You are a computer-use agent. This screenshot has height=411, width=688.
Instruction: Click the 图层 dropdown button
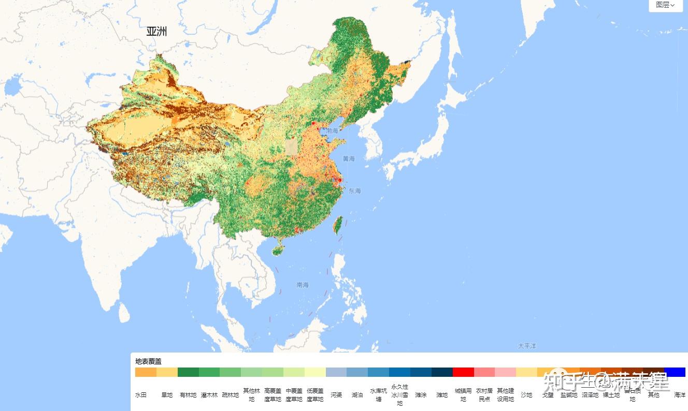(x=665, y=5)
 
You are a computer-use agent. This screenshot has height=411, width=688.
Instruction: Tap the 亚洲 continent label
(x=156, y=32)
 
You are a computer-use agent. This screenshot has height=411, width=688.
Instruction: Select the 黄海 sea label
(x=349, y=158)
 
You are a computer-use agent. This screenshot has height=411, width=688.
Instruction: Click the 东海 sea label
(x=354, y=191)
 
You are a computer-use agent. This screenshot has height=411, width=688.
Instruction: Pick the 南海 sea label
(x=303, y=285)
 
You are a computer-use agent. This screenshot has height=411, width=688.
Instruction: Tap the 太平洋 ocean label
(x=527, y=345)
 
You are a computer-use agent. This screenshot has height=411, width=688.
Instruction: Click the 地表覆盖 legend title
(x=148, y=361)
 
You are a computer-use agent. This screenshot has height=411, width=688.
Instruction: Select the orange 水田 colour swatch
(x=146, y=372)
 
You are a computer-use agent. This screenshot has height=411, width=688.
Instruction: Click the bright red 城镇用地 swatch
(x=463, y=372)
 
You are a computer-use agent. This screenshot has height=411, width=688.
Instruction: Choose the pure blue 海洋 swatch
(x=675, y=372)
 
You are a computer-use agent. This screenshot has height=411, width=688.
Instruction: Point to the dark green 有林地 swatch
(x=188, y=372)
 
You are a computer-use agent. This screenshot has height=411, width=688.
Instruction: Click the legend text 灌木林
(x=209, y=395)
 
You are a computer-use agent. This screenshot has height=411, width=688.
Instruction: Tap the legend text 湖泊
(x=357, y=395)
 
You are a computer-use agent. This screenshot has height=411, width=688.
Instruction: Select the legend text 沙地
(x=526, y=395)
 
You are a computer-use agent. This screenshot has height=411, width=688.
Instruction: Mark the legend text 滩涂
(x=421, y=395)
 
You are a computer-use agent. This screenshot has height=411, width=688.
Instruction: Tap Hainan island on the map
(x=278, y=249)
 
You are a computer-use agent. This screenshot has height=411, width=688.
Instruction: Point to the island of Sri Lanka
(x=124, y=312)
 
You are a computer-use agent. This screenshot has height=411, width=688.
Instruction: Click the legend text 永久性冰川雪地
(x=399, y=395)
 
